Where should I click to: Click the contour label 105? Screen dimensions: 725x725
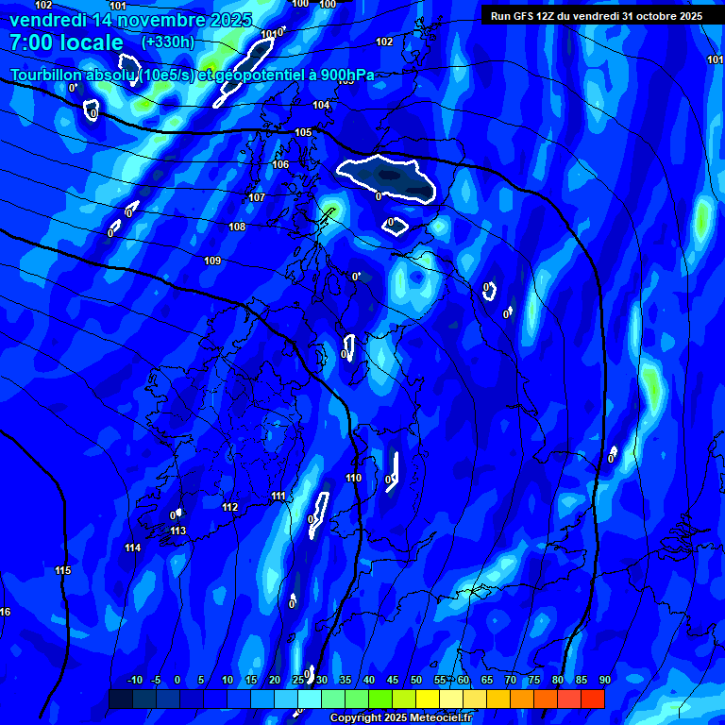(x=303, y=133)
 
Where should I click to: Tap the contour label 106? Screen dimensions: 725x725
(x=280, y=165)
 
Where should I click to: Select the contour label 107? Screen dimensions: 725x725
(x=257, y=198)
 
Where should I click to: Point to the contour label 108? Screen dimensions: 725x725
(x=237, y=228)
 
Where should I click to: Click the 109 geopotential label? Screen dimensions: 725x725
(x=212, y=261)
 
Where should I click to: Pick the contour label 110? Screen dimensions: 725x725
(x=354, y=479)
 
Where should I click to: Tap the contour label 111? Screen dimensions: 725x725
(x=278, y=497)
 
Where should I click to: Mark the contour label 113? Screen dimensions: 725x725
(x=177, y=531)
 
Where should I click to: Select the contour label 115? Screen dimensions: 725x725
(x=63, y=571)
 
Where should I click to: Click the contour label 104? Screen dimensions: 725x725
(x=321, y=105)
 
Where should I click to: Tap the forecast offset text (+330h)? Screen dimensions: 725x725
(x=168, y=42)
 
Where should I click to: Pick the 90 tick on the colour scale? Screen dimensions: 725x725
(x=604, y=681)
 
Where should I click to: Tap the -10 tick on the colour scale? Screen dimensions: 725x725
(x=135, y=681)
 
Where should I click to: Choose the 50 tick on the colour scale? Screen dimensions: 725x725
(x=416, y=681)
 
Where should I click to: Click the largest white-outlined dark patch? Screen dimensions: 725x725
(x=387, y=177)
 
